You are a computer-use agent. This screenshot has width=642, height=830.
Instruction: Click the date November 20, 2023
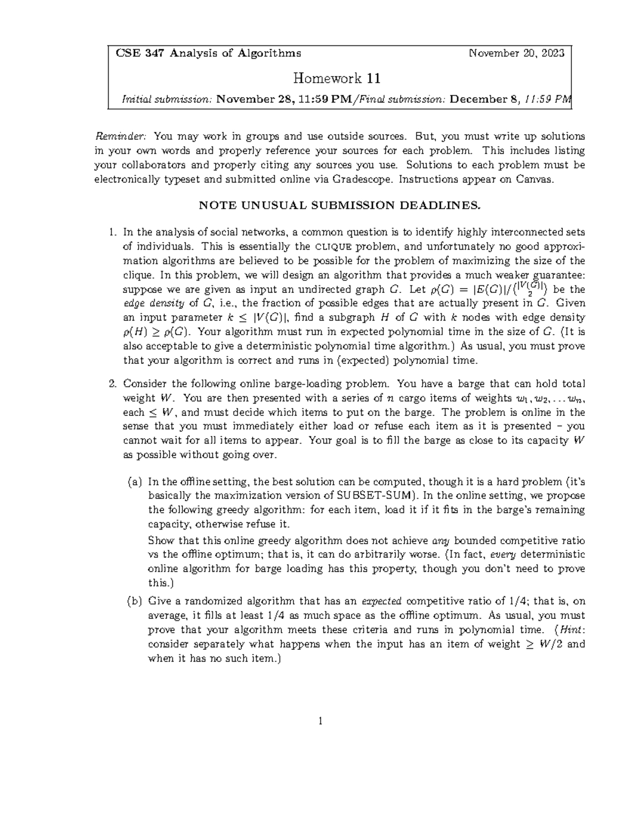(516, 53)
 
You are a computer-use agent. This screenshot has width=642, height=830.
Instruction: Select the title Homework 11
(337, 79)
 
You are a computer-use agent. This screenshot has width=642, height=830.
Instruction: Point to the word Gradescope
(356, 180)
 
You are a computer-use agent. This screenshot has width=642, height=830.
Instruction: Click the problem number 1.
(112, 232)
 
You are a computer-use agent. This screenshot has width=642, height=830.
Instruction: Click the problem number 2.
(112, 384)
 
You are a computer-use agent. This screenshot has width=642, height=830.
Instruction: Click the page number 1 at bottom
(320, 721)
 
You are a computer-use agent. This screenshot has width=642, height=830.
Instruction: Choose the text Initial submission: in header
(167, 99)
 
